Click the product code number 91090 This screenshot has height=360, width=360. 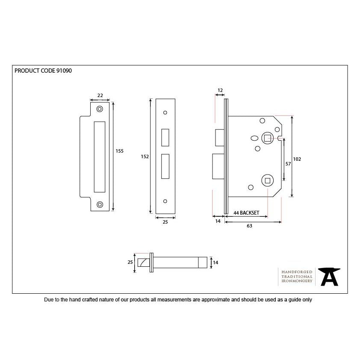click(x=64, y=71)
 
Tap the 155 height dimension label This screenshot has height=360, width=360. click(x=119, y=151)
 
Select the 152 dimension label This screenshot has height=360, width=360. click(x=145, y=156)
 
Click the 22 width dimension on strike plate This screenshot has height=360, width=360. click(x=100, y=95)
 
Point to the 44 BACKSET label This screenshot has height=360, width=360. click(x=246, y=213)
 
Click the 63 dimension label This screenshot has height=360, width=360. click(x=249, y=226)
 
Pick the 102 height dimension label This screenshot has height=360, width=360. click(x=297, y=159)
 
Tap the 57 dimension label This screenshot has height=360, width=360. click(x=288, y=164)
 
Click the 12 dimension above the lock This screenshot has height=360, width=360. click(x=220, y=90)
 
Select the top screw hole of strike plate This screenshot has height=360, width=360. click(x=100, y=109)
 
